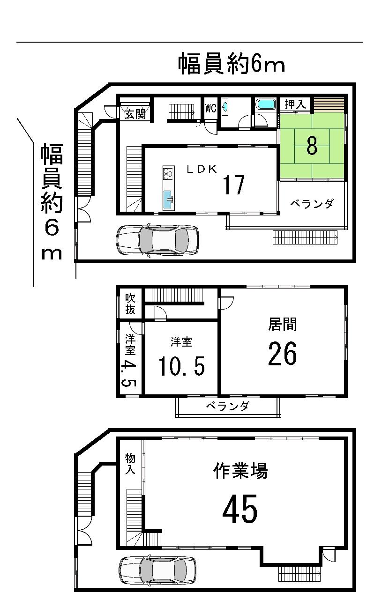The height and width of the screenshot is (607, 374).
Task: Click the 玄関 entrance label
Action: pyautogui.click(x=135, y=114)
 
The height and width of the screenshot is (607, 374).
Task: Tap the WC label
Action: pyautogui.click(x=210, y=108)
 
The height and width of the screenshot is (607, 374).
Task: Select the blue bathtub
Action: pyautogui.click(x=266, y=104)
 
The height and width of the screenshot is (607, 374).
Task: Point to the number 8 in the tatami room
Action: pyautogui.click(x=311, y=146)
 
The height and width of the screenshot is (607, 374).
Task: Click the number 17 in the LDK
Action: pyautogui.click(x=233, y=185)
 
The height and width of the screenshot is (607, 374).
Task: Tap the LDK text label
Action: pyautogui.click(x=202, y=170)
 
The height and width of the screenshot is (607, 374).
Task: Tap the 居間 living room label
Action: pyautogui.click(x=283, y=324)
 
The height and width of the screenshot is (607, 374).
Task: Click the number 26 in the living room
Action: pyautogui.click(x=283, y=354)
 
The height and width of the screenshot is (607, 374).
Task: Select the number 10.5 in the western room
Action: pyautogui.click(x=181, y=366)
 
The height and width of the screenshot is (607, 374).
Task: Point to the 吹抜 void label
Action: pyautogui.click(x=130, y=303)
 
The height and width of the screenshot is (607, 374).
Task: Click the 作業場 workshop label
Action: pyautogui.click(x=241, y=470)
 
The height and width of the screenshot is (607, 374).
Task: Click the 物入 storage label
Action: pyautogui.click(x=130, y=463)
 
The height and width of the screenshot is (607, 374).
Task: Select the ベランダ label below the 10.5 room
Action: pyautogui.click(x=227, y=406)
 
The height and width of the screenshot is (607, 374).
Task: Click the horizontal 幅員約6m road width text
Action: pyautogui.click(x=232, y=64)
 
